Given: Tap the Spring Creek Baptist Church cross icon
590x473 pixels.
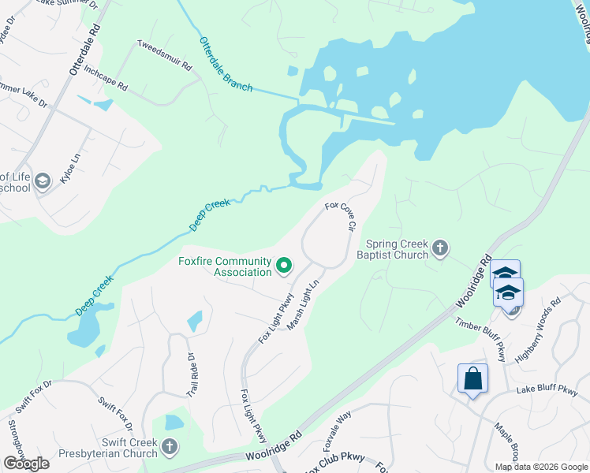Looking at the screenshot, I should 440,249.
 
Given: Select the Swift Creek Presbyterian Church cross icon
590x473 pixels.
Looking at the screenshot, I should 169,448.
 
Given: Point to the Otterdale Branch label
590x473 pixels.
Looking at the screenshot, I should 226,65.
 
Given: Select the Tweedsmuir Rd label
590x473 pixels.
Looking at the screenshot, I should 165,56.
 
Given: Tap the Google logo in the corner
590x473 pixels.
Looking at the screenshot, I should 26,464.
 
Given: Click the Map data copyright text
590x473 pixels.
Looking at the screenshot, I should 540,467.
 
